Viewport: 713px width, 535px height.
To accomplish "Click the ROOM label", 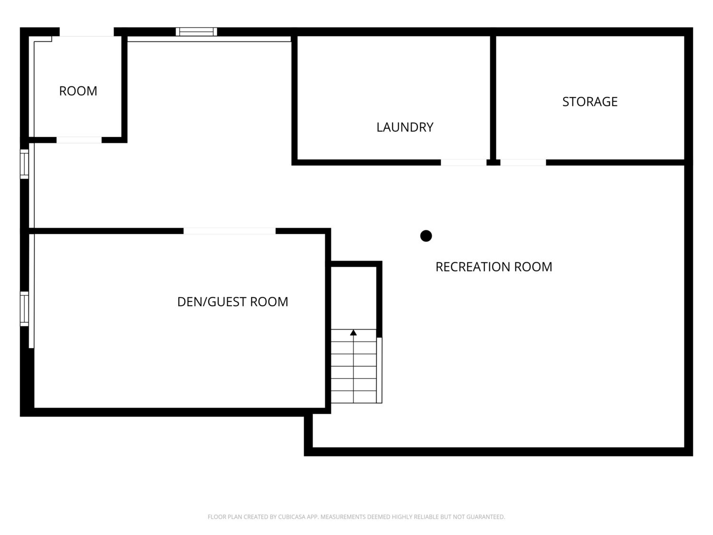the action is tap(78, 91).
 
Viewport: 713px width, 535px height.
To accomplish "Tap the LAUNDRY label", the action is tap(405, 127).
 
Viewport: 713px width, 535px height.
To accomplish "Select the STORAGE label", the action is tap(590, 102).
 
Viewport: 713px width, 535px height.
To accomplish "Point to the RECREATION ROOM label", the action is tap(494, 267).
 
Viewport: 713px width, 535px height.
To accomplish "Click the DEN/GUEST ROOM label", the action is tap(232, 302).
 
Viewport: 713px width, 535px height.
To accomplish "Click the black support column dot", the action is tap(426, 236).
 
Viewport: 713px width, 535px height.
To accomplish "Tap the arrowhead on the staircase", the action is tap(354, 332).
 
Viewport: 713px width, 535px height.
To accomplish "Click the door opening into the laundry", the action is tap(463, 163).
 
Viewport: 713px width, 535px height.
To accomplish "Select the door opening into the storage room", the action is tap(523, 163).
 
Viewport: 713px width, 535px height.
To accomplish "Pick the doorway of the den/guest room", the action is tap(230, 231).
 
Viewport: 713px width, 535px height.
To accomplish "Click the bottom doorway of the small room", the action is tap(79, 140).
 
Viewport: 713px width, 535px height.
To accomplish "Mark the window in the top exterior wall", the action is tap(196, 31).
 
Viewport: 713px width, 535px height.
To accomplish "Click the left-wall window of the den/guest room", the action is tap(24, 309).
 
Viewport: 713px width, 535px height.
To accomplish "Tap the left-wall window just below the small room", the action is tap(24, 164).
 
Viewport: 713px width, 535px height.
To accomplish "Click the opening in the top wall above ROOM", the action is tap(87, 32).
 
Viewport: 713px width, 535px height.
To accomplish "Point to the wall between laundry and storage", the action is tap(493, 97).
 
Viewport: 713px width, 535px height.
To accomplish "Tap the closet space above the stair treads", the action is tap(354, 298).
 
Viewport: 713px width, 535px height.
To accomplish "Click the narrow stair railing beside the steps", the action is tap(379, 370).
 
